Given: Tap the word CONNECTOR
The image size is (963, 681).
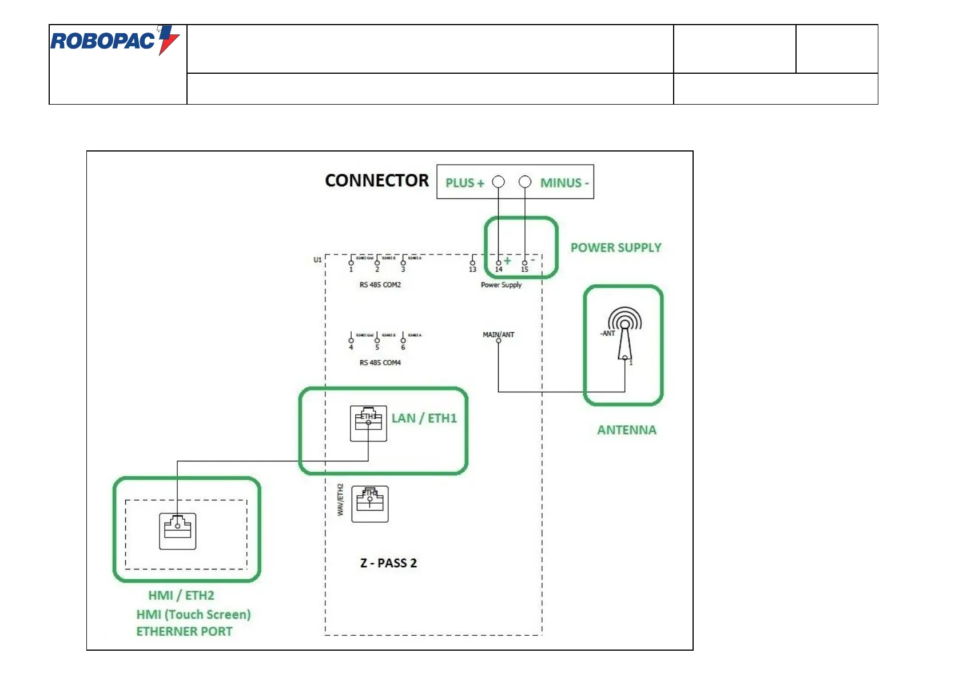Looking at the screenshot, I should [376, 181].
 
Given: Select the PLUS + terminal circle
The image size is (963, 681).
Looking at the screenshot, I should [499, 182].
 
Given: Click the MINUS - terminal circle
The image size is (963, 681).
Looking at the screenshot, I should [525, 182].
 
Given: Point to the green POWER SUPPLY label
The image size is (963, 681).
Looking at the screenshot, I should [615, 248].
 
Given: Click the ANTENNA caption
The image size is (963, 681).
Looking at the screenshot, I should [626, 430].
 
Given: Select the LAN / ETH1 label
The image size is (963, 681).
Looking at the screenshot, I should [424, 418].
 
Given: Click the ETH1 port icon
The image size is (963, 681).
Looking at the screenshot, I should [368, 423].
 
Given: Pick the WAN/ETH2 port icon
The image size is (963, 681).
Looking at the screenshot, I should [369, 504].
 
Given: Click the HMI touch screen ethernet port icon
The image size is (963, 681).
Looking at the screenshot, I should [177, 531].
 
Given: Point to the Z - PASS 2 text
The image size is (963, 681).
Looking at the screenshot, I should [388, 563].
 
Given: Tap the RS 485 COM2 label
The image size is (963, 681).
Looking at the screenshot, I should [380, 285].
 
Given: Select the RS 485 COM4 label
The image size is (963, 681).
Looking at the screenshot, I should [380, 363].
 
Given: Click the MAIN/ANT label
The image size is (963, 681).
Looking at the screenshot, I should [498, 334].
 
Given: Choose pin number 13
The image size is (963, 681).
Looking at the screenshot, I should [472, 269].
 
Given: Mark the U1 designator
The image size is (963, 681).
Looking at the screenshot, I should [317, 260].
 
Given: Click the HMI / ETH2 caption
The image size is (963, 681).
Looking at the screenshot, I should [181, 595].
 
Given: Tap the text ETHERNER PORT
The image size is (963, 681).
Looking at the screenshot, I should [184, 631].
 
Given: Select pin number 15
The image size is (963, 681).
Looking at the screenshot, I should [524, 269].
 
